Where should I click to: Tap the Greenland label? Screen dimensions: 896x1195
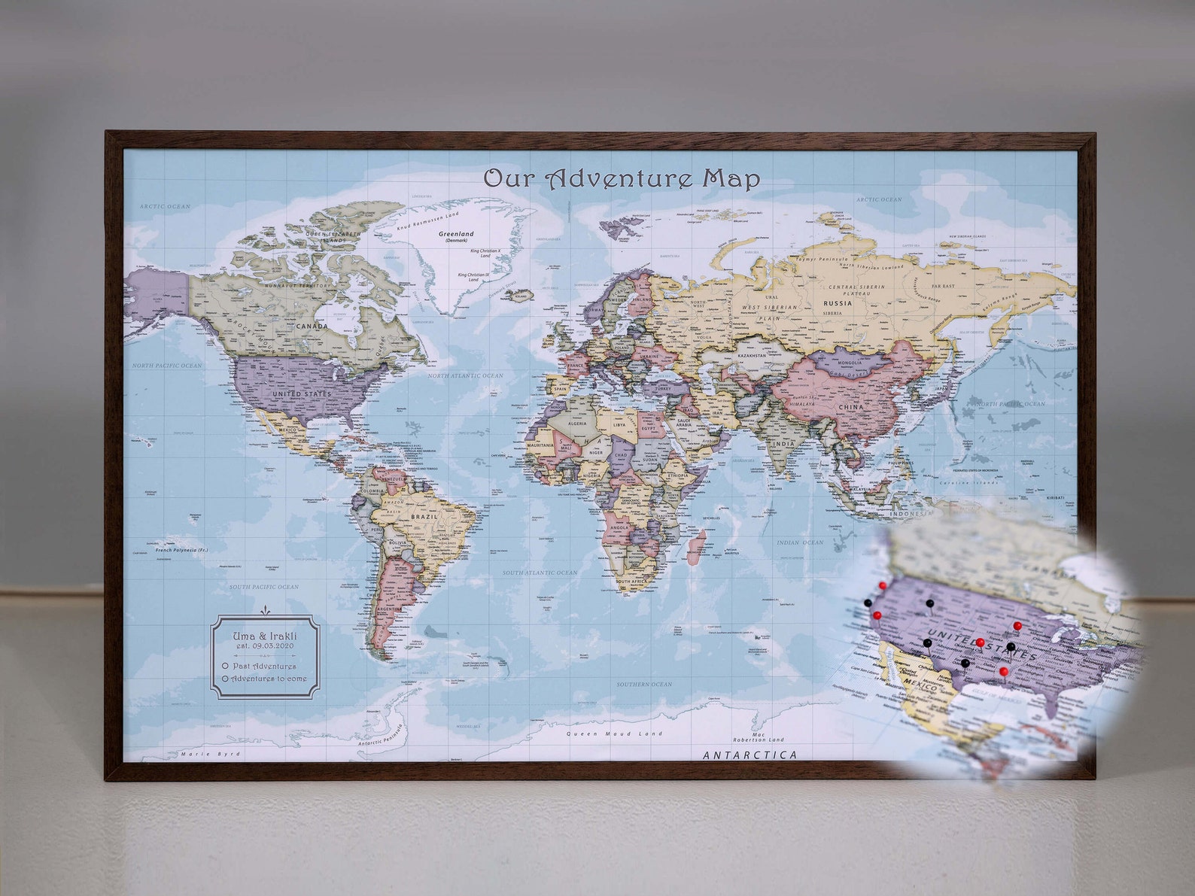click(x=457, y=235)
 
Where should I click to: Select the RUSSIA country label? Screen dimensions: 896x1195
click(x=838, y=303)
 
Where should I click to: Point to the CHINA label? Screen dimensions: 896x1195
click(x=851, y=407)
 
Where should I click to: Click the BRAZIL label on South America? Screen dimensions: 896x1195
click(x=424, y=517)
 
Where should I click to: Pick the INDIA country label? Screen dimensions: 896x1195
click(x=783, y=443)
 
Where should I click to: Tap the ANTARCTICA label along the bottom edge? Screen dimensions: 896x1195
click(x=750, y=755)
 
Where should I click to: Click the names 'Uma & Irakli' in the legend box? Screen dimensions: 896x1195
click(x=265, y=636)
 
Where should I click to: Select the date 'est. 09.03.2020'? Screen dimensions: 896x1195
click(x=265, y=645)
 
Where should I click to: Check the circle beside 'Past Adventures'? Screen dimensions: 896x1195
click(x=226, y=666)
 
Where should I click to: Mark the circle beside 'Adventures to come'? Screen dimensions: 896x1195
click(x=226, y=679)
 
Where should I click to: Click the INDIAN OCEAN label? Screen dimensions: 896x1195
click(x=800, y=542)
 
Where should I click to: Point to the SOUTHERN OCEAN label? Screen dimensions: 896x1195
click(x=644, y=684)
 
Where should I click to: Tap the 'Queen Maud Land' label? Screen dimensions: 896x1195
click(x=615, y=734)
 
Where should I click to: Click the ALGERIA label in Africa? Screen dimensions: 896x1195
click(x=576, y=424)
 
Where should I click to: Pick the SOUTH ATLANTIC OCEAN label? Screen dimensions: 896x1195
click(x=540, y=573)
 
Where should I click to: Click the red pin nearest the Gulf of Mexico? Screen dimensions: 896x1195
click(x=1004, y=670)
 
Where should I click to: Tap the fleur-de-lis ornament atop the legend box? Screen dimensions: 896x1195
click(x=265, y=611)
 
